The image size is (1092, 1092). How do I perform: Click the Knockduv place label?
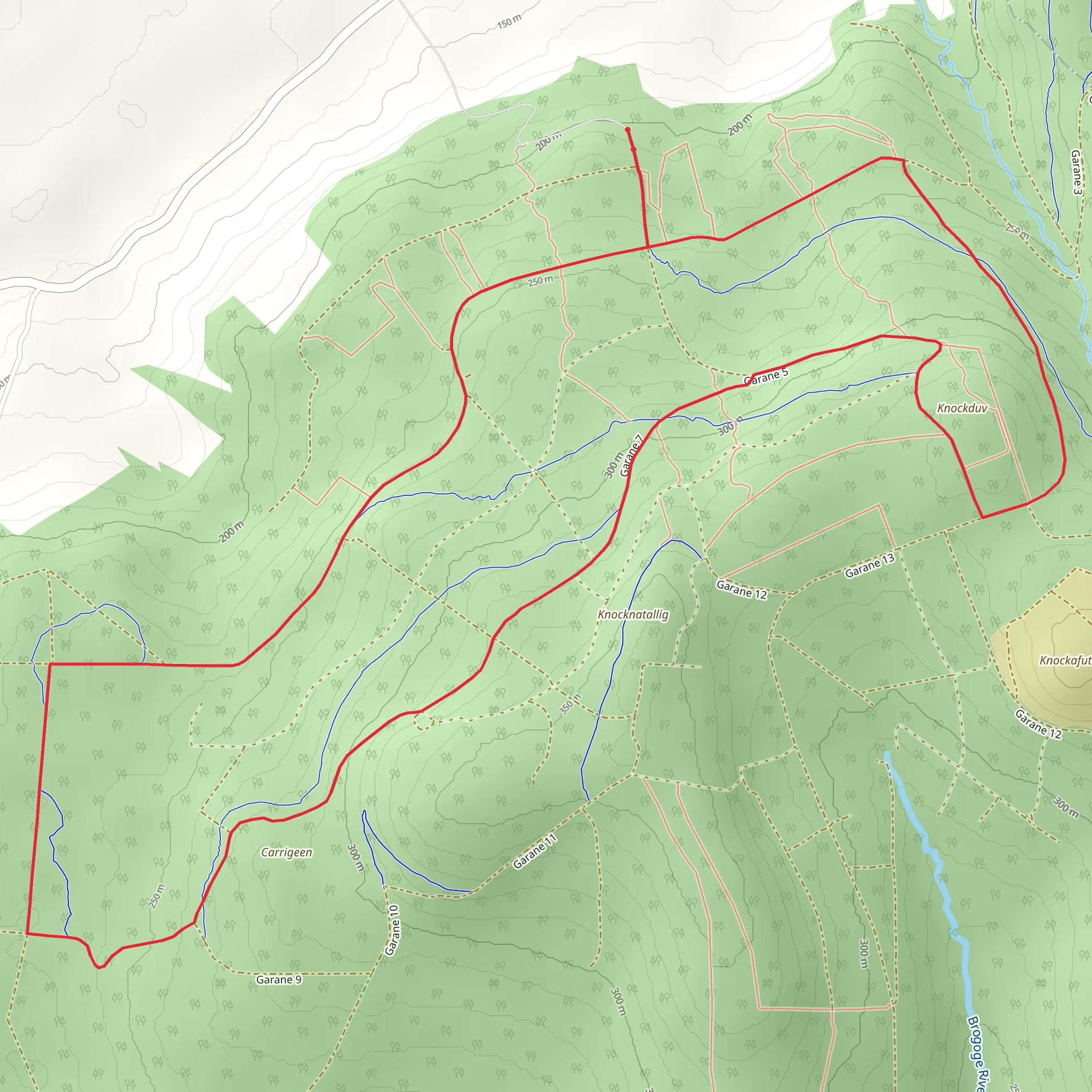tap(961, 407)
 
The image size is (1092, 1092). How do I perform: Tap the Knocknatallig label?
tap(633, 614)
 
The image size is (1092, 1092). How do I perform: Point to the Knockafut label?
tap(1065, 660)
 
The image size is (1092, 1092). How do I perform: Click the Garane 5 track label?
tap(766, 376)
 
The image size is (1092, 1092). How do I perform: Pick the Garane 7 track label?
tap(632, 455)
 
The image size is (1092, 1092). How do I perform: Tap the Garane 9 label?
tap(279, 979)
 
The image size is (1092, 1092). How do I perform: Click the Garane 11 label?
tap(535, 851)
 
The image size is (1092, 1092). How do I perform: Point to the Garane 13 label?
tap(870, 566)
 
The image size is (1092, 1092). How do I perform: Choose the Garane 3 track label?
tap(1076, 172)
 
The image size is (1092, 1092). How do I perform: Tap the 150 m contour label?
tap(509, 22)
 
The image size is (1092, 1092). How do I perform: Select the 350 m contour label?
tap(571, 704)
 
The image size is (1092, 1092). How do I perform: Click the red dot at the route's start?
tap(628, 130)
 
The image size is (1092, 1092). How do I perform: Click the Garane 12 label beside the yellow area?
tap(1038, 724)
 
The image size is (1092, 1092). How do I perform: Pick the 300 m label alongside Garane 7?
tap(613, 465)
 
